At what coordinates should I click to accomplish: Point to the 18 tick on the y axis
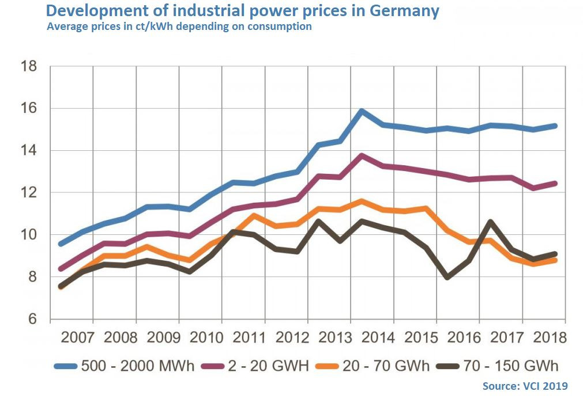coord(29,67)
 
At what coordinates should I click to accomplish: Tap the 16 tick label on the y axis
coord(29,109)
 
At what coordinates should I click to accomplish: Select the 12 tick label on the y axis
coord(29,193)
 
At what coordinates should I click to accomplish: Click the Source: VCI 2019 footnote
coord(525,386)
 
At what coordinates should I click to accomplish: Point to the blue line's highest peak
coord(362,111)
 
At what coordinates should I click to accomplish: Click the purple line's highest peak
coord(362,155)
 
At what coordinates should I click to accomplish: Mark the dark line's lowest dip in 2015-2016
coord(447,278)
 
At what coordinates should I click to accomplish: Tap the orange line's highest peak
coord(362,201)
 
